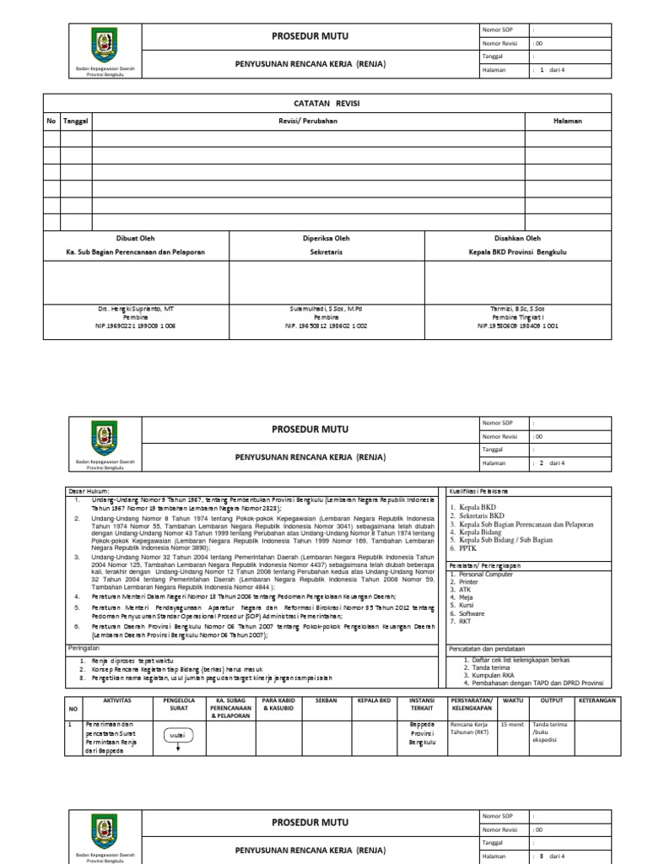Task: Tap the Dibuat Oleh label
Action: tap(135, 239)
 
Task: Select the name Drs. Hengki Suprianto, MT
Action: tap(135, 310)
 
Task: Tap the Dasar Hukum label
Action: tap(89, 490)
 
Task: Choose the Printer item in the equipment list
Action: tap(463, 581)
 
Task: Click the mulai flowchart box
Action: tap(177, 735)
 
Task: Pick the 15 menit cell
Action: tap(511, 725)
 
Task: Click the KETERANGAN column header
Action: tap(597, 701)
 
